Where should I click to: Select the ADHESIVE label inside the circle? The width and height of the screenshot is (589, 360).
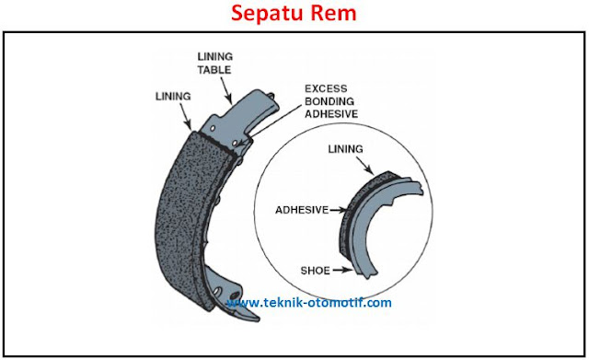point(302,210)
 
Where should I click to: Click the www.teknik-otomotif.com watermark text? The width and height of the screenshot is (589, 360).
point(310,302)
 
